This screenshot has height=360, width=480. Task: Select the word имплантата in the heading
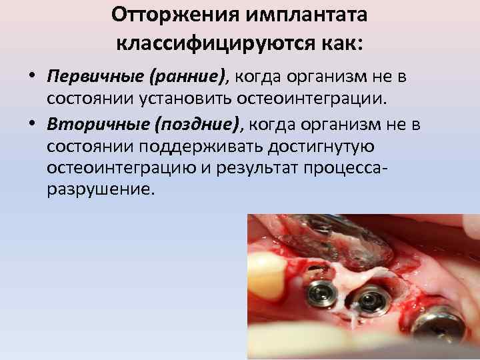tap(311, 14)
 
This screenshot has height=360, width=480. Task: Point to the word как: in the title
tap(339, 43)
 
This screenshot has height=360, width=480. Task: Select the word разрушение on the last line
tap(100, 190)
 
